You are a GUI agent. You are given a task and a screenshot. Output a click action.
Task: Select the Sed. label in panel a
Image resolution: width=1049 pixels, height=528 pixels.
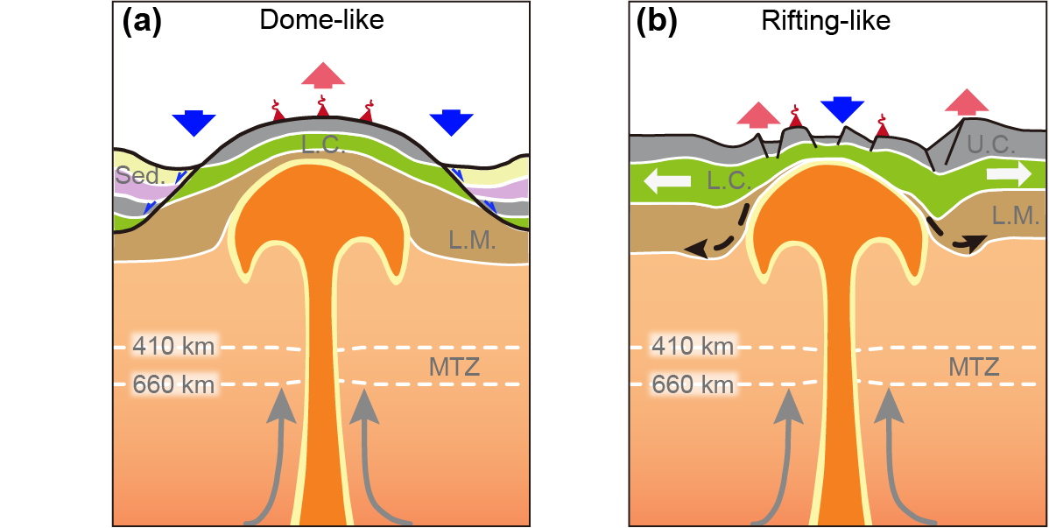click(140, 176)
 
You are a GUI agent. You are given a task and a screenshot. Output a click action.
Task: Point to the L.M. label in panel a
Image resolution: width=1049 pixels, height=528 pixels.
click(472, 242)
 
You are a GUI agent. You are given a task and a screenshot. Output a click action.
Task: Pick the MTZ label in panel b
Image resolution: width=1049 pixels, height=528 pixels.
click(974, 366)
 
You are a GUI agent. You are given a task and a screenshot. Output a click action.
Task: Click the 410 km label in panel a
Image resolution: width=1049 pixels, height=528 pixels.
click(173, 346)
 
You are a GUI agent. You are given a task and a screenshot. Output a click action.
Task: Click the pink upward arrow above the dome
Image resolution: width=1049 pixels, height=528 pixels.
click(323, 75)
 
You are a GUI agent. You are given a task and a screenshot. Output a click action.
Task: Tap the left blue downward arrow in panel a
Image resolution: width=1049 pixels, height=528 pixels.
click(194, 123)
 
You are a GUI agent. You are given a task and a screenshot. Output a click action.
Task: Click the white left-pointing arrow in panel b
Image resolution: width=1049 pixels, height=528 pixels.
click(663, 180)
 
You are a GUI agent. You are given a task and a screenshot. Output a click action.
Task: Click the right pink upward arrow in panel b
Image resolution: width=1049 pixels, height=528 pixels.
click(967, 102)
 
